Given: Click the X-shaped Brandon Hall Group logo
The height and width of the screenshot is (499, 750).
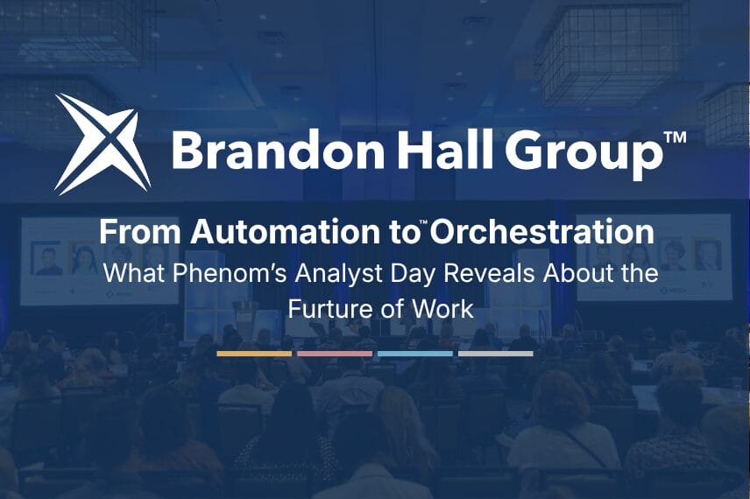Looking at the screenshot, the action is pos(103,144).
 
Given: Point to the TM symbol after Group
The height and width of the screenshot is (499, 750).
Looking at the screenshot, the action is pos(676,137).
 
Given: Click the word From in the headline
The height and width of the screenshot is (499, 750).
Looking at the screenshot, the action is pos(140,232).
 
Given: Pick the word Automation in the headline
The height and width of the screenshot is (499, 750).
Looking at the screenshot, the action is pos(283,232).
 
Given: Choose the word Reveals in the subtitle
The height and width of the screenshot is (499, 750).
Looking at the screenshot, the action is pos(486,273).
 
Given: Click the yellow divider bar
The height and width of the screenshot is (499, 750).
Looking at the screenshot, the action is pos(254,354).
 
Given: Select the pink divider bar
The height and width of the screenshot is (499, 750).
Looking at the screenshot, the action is pos(335,354).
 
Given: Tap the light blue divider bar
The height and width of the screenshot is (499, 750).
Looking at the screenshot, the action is pos(415,354).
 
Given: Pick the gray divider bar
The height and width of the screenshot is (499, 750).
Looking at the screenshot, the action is pos(496,354).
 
